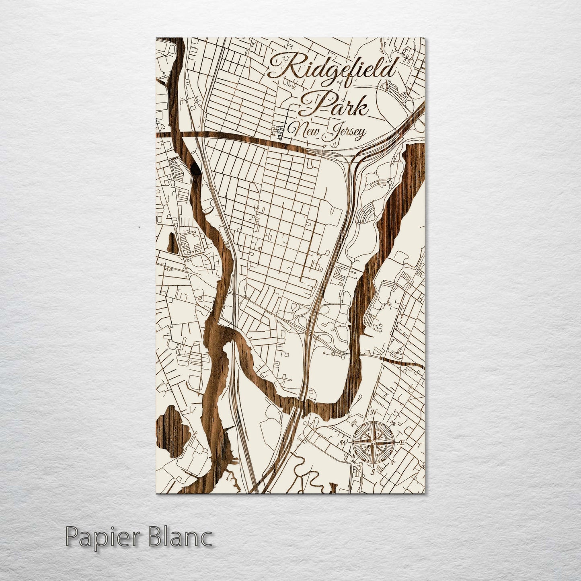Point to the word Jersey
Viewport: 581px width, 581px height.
[x=345, y=132]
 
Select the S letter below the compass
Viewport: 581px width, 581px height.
[x=373, y=471]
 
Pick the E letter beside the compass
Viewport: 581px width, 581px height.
[x=402, y=443]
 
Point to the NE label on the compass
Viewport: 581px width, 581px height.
[x=394, y=423]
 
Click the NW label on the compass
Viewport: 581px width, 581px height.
[x=354, y=423]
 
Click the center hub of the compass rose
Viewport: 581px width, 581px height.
[x=373, y=442]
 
